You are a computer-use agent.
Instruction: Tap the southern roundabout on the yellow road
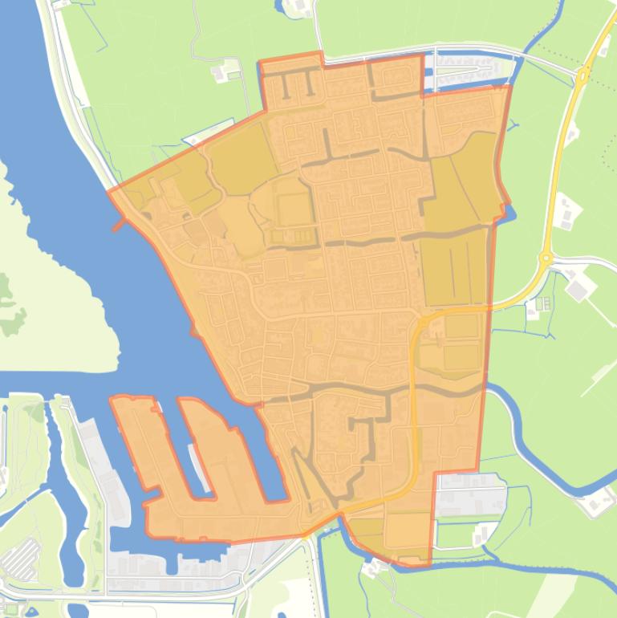pos(546,258)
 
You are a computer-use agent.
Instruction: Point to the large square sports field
pos(294,209)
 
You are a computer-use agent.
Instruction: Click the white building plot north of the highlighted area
pos(224,73)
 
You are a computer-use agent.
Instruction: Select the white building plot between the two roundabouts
pos(568,211)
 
